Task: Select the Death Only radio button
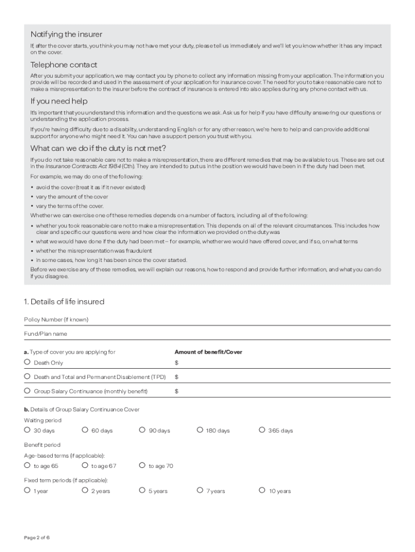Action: pos(27,362)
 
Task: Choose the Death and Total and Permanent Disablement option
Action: pos(27,376)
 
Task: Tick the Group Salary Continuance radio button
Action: pos(27,391)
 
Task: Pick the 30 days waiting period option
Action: pos(27,430)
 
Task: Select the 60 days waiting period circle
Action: pos(85,430)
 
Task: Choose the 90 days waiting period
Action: pos(142,430)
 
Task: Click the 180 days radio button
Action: pos(200,430)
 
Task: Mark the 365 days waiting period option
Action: pos(262,430)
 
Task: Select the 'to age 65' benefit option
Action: pos(27,465)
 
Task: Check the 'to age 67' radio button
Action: pos(85,465)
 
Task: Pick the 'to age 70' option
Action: pos(142,465)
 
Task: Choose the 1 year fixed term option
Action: pos(27,491)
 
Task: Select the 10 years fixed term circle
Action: pos(262,491)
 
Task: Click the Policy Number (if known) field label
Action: pos(56,320)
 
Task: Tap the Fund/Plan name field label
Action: pos(45,334)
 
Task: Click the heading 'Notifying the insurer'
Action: pos(66,34)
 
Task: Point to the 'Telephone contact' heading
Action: pos(63,65)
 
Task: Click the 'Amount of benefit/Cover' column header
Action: pos(208,352)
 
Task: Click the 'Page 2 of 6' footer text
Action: pos(37,538)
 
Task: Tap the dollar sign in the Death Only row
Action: pos(176,363)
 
